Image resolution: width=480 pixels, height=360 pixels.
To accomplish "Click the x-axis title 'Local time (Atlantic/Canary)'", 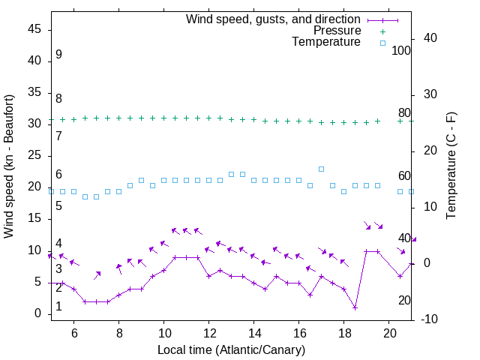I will [232, 350].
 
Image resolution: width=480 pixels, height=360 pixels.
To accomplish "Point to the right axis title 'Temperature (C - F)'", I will [451, 166].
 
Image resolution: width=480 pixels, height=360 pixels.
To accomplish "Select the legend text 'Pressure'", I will [337, 31].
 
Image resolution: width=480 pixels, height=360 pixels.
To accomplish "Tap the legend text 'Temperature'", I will [326, 43].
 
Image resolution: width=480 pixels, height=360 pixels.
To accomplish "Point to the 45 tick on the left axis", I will [35, 29].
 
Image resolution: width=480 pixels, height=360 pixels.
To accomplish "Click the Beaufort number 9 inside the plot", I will [58, 55].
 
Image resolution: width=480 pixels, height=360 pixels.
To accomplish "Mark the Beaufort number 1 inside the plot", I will [58, 307].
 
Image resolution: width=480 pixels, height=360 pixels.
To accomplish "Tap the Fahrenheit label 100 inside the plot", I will [401, 50].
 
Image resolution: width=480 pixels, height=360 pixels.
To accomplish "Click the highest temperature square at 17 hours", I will [322, 169].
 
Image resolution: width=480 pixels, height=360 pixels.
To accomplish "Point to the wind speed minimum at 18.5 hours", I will [355, 307].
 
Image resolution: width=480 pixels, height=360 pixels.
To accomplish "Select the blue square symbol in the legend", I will [382, 43].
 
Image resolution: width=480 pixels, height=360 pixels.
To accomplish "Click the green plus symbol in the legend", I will [382, 31].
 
